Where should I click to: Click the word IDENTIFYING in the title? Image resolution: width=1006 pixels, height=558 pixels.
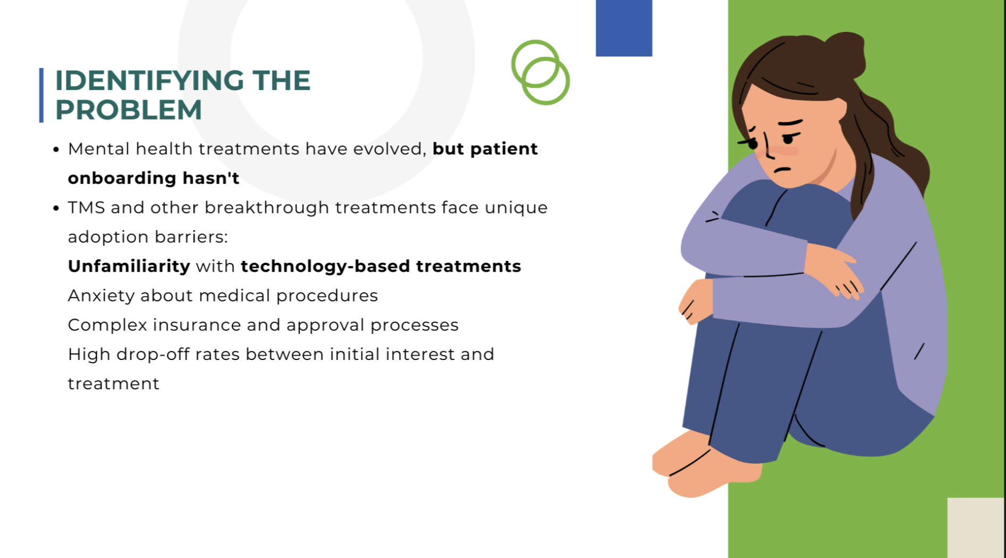pyautogui.click(x=149, y=81)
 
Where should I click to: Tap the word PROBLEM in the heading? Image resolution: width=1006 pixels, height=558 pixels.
pyautogui.click(x=129, y=110)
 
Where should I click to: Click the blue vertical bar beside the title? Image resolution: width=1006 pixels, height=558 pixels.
pyautogui.click(x=42, y=95)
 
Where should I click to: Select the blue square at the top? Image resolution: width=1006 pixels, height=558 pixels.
pyautogui.click(x=624, y=28)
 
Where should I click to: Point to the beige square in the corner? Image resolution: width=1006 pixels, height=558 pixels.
pyautogui.click(x=976, y=528)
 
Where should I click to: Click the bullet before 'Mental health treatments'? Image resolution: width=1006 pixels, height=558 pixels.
pyautogui.click(x=56, y=150)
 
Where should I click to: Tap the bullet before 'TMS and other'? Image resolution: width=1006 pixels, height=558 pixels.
pyautogui.click(x=56, y=209)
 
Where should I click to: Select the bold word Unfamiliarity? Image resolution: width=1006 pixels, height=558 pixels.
pyautogui.click(x=129, y=266)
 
